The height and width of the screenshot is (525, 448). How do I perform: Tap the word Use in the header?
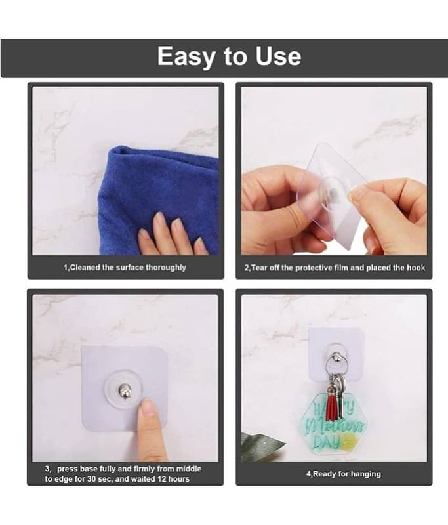coord(278,56)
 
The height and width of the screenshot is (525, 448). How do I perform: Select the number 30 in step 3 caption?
coord(92,479)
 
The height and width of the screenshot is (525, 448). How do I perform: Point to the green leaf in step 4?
coord(262,446)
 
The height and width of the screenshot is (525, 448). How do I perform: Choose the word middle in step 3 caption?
coord(189,469)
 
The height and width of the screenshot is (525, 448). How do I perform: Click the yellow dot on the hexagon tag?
coord(348,441)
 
